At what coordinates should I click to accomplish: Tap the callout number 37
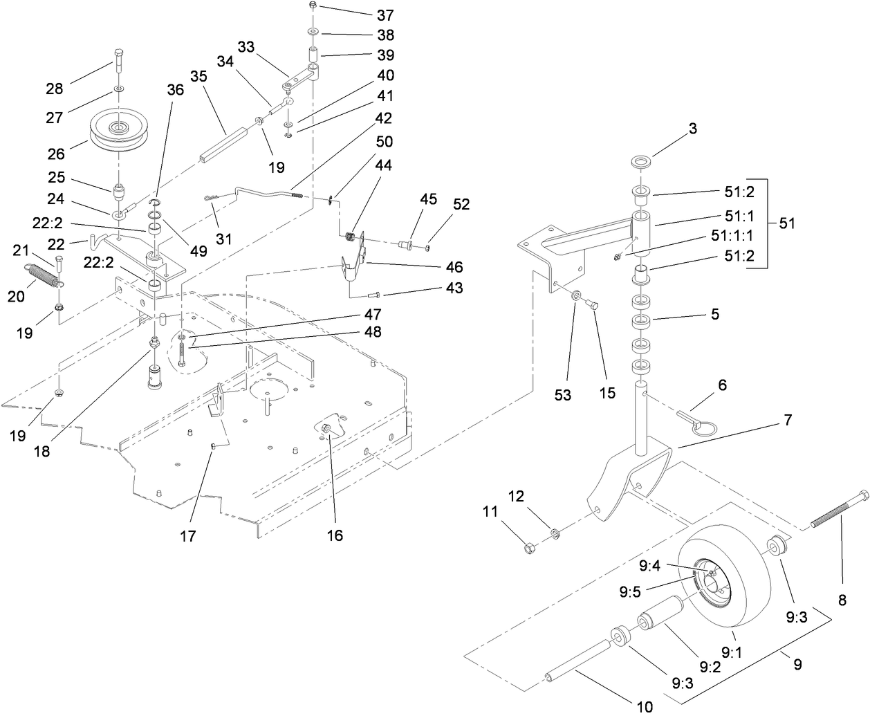(385, 15)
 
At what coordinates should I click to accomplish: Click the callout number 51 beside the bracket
(786, 224)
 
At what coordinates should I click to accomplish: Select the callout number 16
(335, 535)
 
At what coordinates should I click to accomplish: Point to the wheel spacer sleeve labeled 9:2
(660, 618)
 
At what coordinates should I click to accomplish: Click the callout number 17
(188, 535)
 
